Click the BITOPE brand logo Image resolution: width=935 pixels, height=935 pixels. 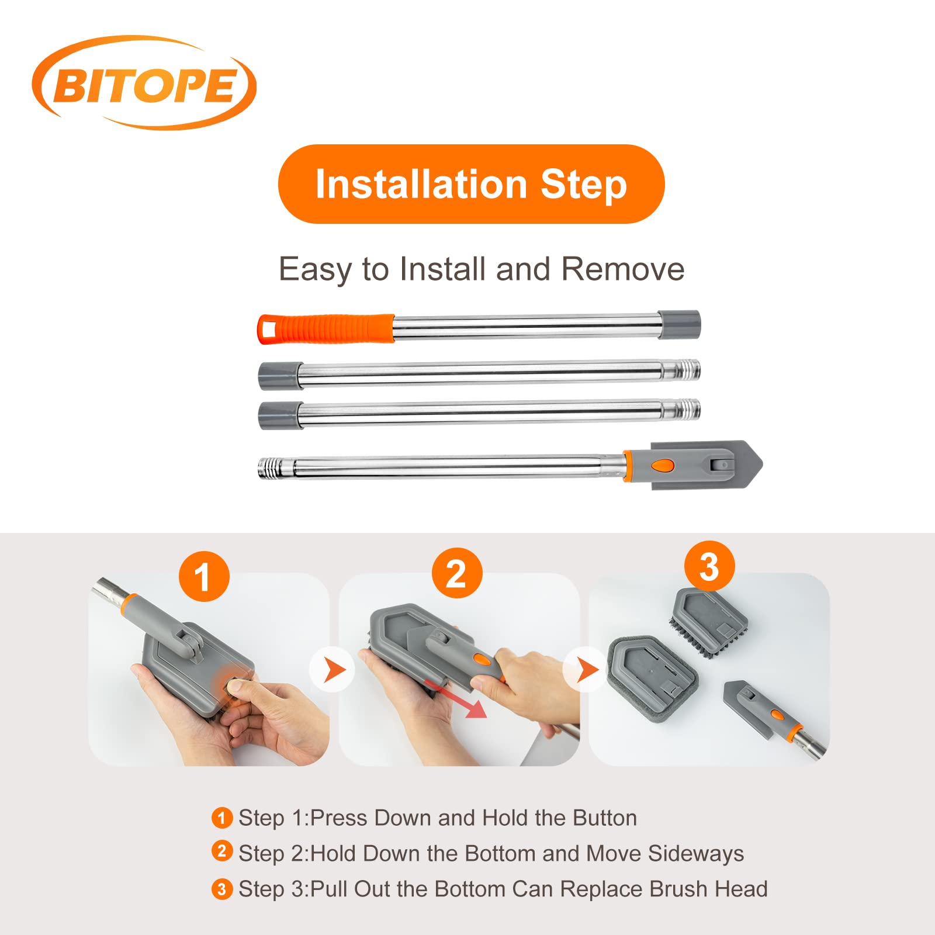coord(144,83)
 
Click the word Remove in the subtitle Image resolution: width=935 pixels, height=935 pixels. coord(623,269)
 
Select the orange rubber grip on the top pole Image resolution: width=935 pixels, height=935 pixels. coord(326,329)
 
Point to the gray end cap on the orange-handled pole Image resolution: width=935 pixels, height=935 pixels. coord(679,324)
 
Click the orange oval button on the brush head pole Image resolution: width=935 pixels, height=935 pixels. coord(663,465)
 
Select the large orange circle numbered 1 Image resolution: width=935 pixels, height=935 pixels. coord(204,576)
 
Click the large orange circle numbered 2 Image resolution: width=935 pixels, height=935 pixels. coord(457,573)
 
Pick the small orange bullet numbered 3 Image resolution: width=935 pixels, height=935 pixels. coord(221,889)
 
